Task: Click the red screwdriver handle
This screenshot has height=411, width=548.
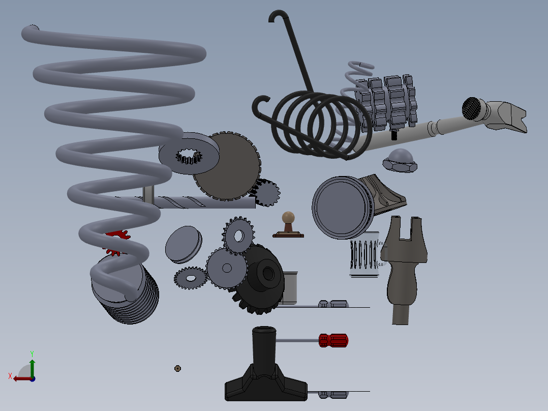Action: [x=333, y=340]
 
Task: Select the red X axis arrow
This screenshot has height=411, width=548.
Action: [x=20, y=378]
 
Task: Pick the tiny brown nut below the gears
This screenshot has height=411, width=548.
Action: [x=177, y=368]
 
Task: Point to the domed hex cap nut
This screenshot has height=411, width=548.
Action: [x=400, y=160]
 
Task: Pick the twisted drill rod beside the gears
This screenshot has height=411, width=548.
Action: [x=203, y=202]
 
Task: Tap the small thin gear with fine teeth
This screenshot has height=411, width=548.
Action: [x=191, y=278]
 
